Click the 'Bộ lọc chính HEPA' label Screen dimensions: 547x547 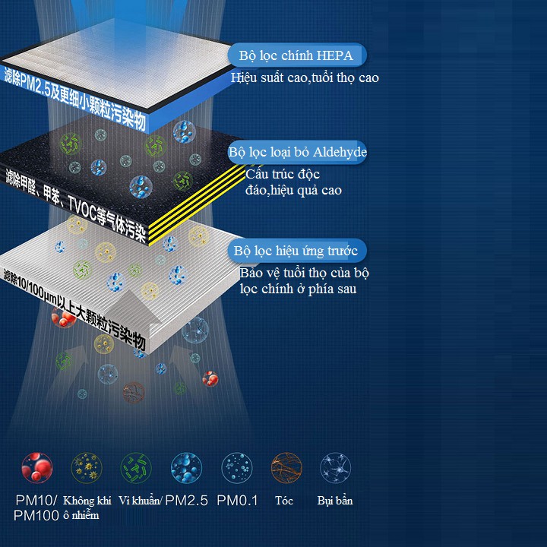pyautogui.click(x=296, y=55)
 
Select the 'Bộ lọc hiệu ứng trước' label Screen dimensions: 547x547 pyautogui.click(x=300, y=251)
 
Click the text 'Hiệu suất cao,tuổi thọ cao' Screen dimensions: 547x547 pyautogui.click(x=305, y=77)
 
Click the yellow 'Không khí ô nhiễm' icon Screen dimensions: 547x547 pyautogui.click(x=86, y=467)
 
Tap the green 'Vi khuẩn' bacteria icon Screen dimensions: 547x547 pyautogui.click(x=137, y=467)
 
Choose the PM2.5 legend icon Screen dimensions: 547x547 pyautogui.click(x=186, y=467)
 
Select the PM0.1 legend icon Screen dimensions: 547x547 pyautogui.click(x=237, y=467)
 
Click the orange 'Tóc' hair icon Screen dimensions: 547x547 pyautogui.click(x=286, y=467)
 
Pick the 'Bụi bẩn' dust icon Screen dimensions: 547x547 pyautogui.click(x=335, y=467)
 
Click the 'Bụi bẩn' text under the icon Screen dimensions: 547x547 pyautogui.click(x=335, y=501)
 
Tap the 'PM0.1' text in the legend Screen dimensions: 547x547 pyautogui.click(x=237, y=501)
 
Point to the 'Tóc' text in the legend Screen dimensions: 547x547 pyautogui.click(x=285, y=501)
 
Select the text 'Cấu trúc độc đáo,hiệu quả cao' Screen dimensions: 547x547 pyautogui.click(x=292, y=182)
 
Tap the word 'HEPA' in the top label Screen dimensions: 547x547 pyautogui.click(x=334, y=55)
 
